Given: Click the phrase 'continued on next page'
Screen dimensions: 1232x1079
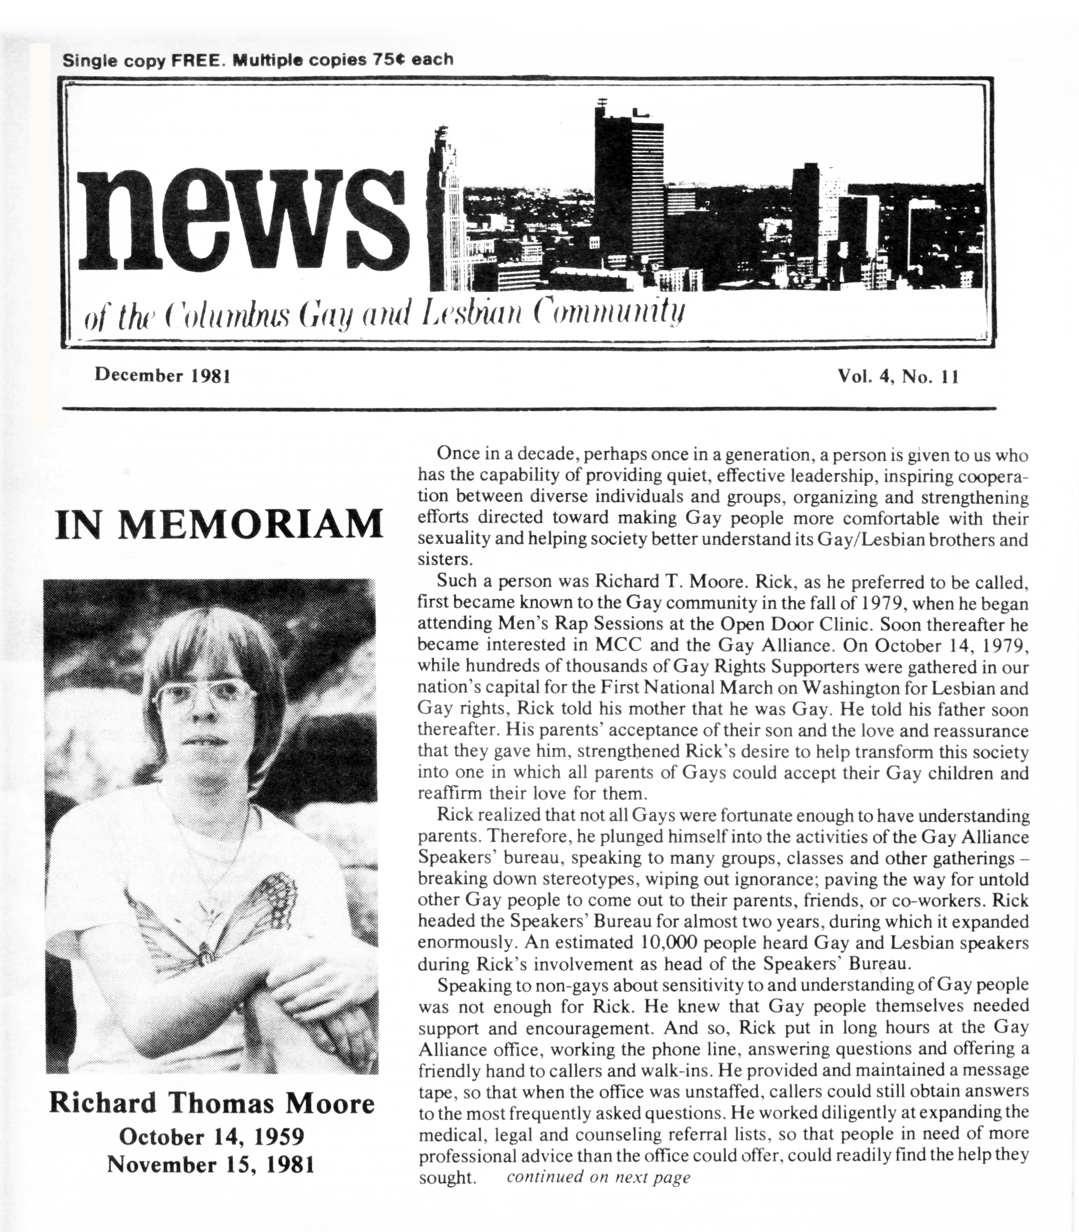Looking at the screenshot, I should (598, 1177).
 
